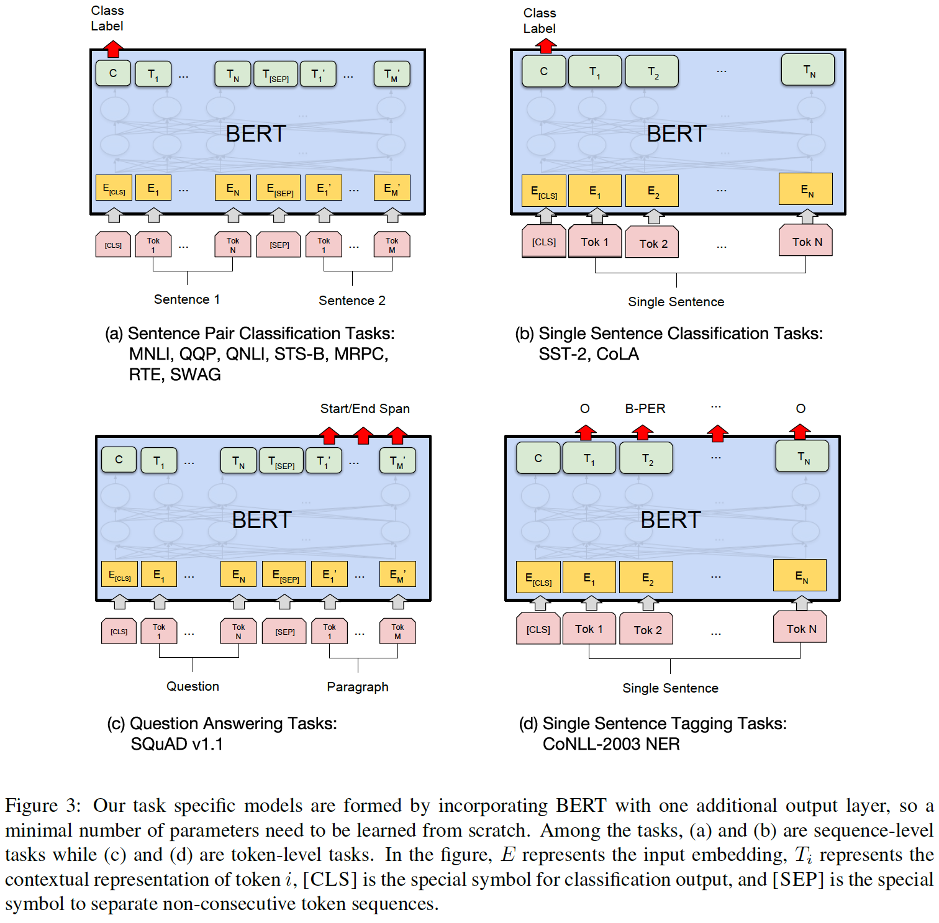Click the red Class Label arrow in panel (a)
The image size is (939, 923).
coord(112,48)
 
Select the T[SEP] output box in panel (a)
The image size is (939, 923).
coord(275,75)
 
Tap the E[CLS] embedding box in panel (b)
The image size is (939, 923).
coord(544,191)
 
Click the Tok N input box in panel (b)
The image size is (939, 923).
coord(806,241)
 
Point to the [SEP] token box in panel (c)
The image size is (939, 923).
coord(284,631)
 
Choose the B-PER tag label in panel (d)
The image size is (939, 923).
coord(645,409)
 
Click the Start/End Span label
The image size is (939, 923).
coord(365,409)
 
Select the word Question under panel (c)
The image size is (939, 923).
coord(193,686)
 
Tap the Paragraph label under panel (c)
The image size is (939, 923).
coord(358,687)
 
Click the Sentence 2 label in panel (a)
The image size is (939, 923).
coord(352,301)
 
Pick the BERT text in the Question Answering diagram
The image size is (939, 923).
coord(261,520)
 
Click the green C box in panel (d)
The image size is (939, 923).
coord(538,458)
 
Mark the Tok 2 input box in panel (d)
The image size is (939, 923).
coord(647,630)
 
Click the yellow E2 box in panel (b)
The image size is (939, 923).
coord(653,191)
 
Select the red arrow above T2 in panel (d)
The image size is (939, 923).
coord(642,432)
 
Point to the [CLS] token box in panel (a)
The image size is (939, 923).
coord(113,245)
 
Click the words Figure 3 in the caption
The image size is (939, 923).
coord(42,806)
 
